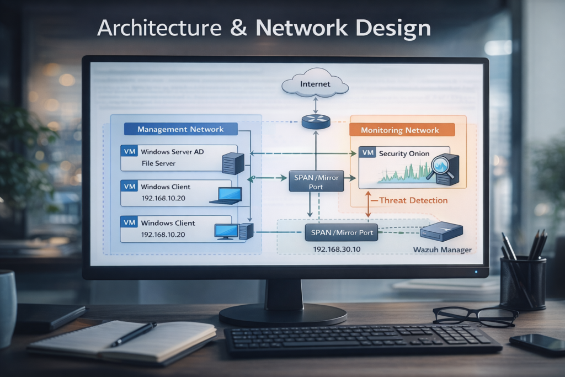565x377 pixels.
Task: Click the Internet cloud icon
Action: click(315, 84)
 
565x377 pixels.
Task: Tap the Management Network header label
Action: click(180, 129)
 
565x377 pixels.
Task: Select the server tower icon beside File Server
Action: click(232, 163)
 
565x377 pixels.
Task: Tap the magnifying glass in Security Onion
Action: click(441, 166)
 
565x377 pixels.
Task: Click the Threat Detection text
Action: click(413, 200)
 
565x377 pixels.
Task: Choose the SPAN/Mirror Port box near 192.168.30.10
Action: click(342, 232)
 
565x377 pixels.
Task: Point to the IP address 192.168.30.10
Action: click(337, 249)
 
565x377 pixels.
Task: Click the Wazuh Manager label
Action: click(442, 250)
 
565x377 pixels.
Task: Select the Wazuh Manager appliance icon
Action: click(441, 231)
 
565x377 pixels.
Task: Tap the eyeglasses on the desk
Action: click(475, 316)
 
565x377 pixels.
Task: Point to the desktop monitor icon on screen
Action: click(226, 231)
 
